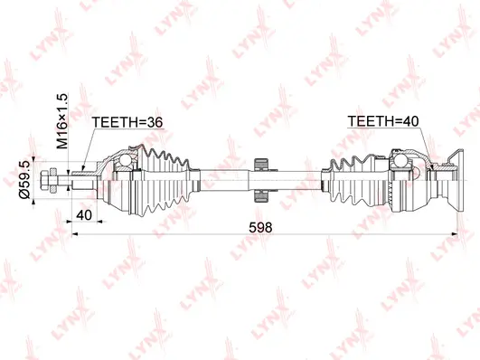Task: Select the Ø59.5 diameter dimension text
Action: (34, 181)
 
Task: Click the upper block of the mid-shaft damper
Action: (261, 164)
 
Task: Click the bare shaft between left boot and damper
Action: (221, 179)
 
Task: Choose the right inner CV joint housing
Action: (407, 179)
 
